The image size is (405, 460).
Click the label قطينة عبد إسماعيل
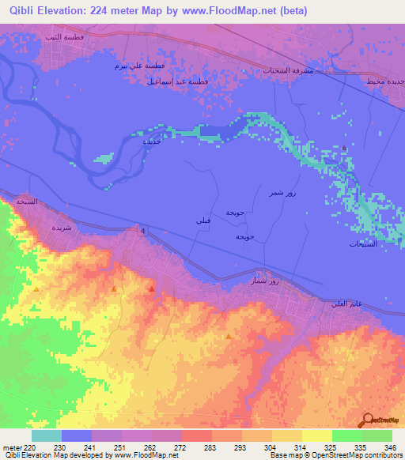[x=177, y=81]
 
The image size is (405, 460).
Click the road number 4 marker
[x=142, y=231]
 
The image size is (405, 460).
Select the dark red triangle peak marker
[x=151, y=290]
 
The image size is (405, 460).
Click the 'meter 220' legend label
[x=19, y=447]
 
